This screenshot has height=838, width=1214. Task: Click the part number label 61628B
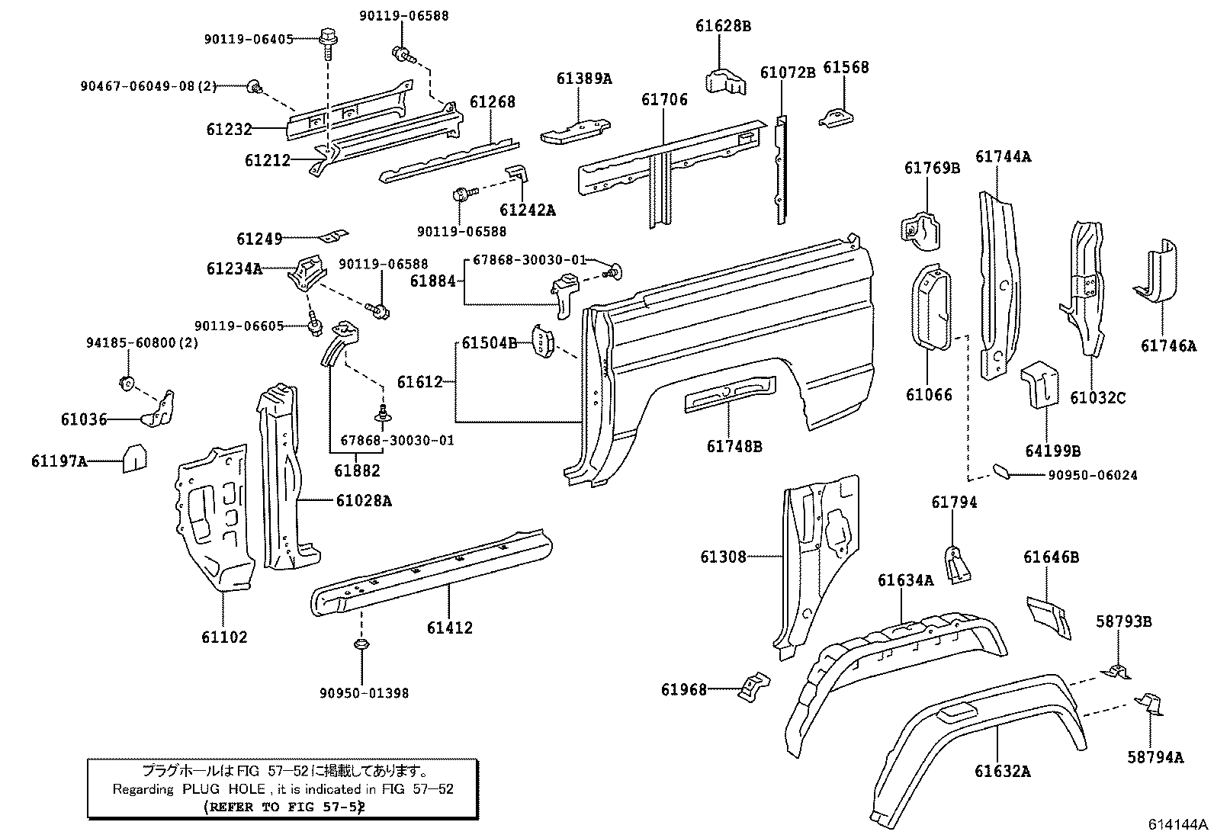pos(723,26)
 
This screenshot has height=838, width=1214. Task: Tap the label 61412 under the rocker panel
pos(449,628)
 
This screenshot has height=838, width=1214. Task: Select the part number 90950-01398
pos(364,692)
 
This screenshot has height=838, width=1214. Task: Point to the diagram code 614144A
pos(1177,824)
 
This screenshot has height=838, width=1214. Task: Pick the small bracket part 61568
pos(836,118)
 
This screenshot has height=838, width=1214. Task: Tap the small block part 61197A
pos(134,458)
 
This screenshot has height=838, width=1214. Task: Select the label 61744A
pos(1004,156)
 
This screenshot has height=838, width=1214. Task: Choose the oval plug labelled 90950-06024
pos(1001,471)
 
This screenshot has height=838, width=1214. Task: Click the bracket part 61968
pos(754,687)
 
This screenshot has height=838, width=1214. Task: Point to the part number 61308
pos(723,557)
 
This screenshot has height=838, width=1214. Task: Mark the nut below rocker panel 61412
pos(361,644)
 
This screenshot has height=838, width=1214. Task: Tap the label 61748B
pos(734,447)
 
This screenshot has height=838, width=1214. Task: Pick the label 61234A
pos(234,269)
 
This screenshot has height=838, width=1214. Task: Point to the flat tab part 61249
pos(334,236)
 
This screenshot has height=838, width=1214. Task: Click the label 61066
pos(929,395)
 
